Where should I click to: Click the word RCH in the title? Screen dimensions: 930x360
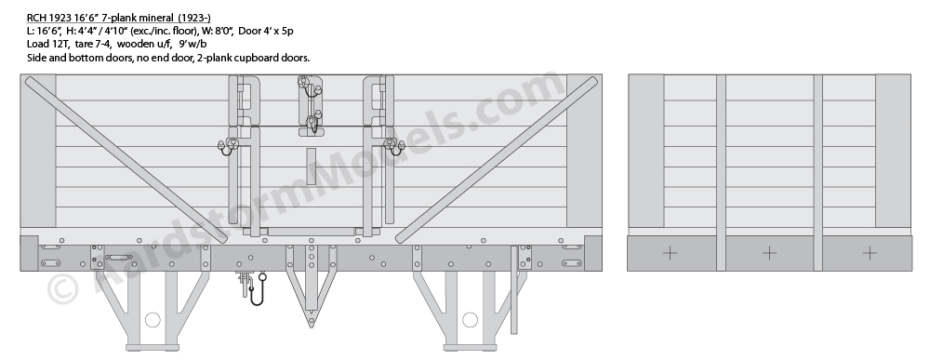[35, 18]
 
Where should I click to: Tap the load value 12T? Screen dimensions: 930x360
[57, 44]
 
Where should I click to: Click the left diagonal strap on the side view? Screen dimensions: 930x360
[126, 160]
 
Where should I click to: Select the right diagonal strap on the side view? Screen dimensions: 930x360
[497, 160]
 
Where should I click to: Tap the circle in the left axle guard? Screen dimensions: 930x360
[153, 320]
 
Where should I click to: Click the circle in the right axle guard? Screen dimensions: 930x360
[470, 320]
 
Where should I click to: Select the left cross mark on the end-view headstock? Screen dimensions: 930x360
[669, 254]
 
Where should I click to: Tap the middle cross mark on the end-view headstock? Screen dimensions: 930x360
[769, 254]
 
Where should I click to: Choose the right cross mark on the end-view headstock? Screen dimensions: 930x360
[870, 254]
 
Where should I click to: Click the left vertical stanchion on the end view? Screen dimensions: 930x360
[722, 173]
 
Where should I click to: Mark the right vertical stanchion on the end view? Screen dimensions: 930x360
[817, 173]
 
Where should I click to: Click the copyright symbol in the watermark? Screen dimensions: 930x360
[62, 288]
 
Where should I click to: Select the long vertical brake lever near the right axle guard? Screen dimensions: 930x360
[513, 289]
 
